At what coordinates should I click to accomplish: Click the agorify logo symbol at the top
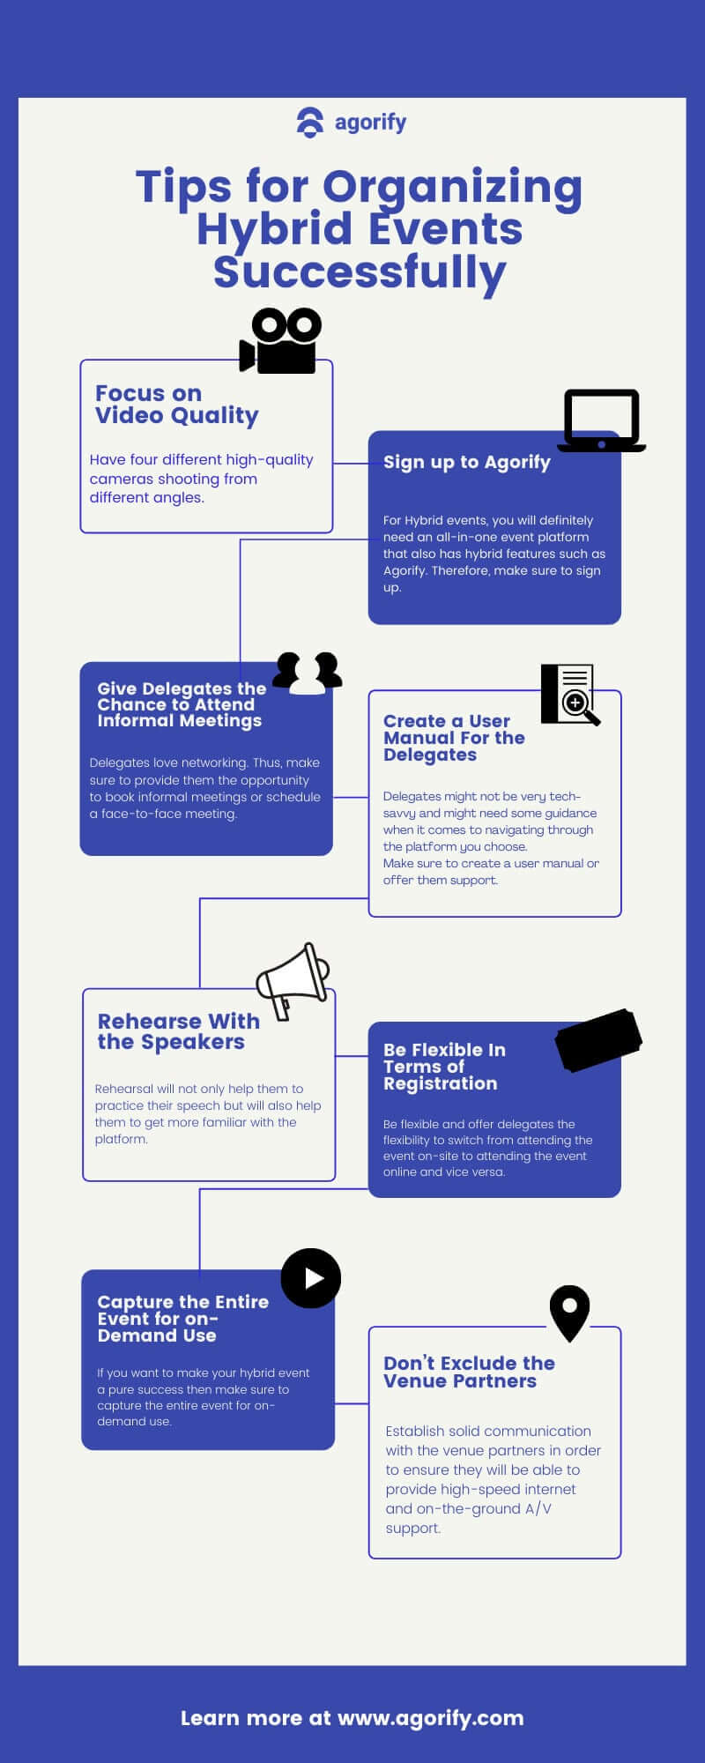[x=310, y=123]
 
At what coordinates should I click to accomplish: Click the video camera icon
[x=280, y=341]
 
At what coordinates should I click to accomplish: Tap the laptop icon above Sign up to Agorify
[x=602, y=420]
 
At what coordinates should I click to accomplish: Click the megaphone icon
[x=293, y=981]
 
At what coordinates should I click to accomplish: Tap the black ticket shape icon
[x=598, y=1040]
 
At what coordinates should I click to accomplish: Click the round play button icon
[x=311, y=1278]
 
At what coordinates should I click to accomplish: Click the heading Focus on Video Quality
[x=177, y=405]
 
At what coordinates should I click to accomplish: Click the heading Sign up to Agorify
[x=467, y=463]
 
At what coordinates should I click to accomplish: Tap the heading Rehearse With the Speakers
[x=179, y=1031]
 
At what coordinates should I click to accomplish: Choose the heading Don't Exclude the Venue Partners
[x=469, y=1372]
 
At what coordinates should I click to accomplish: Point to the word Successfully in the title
[x=360, y=272]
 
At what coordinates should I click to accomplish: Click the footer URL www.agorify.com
[x=430, y=1718]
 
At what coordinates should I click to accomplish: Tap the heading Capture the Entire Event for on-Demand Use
[x=183, y=1319]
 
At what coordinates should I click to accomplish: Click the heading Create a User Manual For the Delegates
[x=454, y=738]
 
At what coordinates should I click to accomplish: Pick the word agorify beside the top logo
[x=370, y=123]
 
